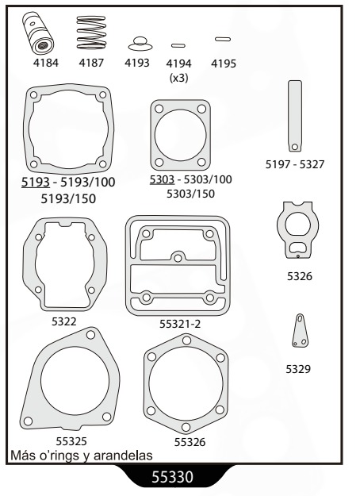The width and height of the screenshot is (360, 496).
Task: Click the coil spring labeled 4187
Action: coord(91,33)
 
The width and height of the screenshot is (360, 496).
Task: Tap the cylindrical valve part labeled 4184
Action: coord(38,33)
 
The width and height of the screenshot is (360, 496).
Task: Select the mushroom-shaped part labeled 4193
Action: coord(140,44)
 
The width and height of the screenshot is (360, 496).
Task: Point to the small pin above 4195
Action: coord(223,39)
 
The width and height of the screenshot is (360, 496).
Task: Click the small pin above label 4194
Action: coord(178,45)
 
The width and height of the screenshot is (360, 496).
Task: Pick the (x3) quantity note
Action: coord(179,78)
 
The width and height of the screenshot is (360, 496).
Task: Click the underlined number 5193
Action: coord(36,183)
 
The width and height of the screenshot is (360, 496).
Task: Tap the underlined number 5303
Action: coord(162,179)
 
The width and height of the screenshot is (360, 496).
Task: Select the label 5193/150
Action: coord(68,199)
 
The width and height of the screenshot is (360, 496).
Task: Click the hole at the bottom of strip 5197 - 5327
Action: coord(295,147)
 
